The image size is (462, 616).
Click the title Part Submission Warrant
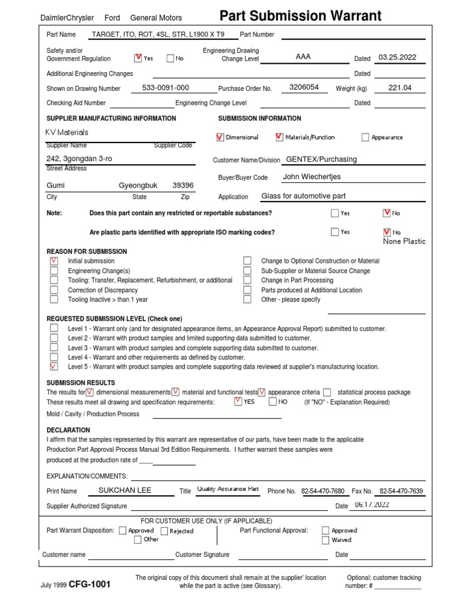click(300, 16)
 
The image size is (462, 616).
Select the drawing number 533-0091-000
click(165, 88)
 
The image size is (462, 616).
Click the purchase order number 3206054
click(304, 87)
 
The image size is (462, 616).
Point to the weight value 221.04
click(400, 88)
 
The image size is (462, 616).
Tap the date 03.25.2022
click(398, 58)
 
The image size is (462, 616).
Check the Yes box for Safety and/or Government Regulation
click(138, 58)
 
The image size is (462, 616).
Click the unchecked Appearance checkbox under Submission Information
click(365, 137)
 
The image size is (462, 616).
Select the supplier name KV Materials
click(67, 132)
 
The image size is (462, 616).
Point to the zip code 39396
click(183, 186)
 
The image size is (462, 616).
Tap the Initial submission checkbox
click(54, 261)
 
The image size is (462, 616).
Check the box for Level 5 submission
click(54, 366)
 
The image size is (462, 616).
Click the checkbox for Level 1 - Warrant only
click(54, 328)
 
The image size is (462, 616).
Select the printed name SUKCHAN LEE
click(125, 490)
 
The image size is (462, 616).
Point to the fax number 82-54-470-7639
click(401, 491)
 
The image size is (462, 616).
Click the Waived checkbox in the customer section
click(325, 540)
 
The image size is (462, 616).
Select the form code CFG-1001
click(90, 584)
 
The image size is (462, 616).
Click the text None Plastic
click(404, 241)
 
